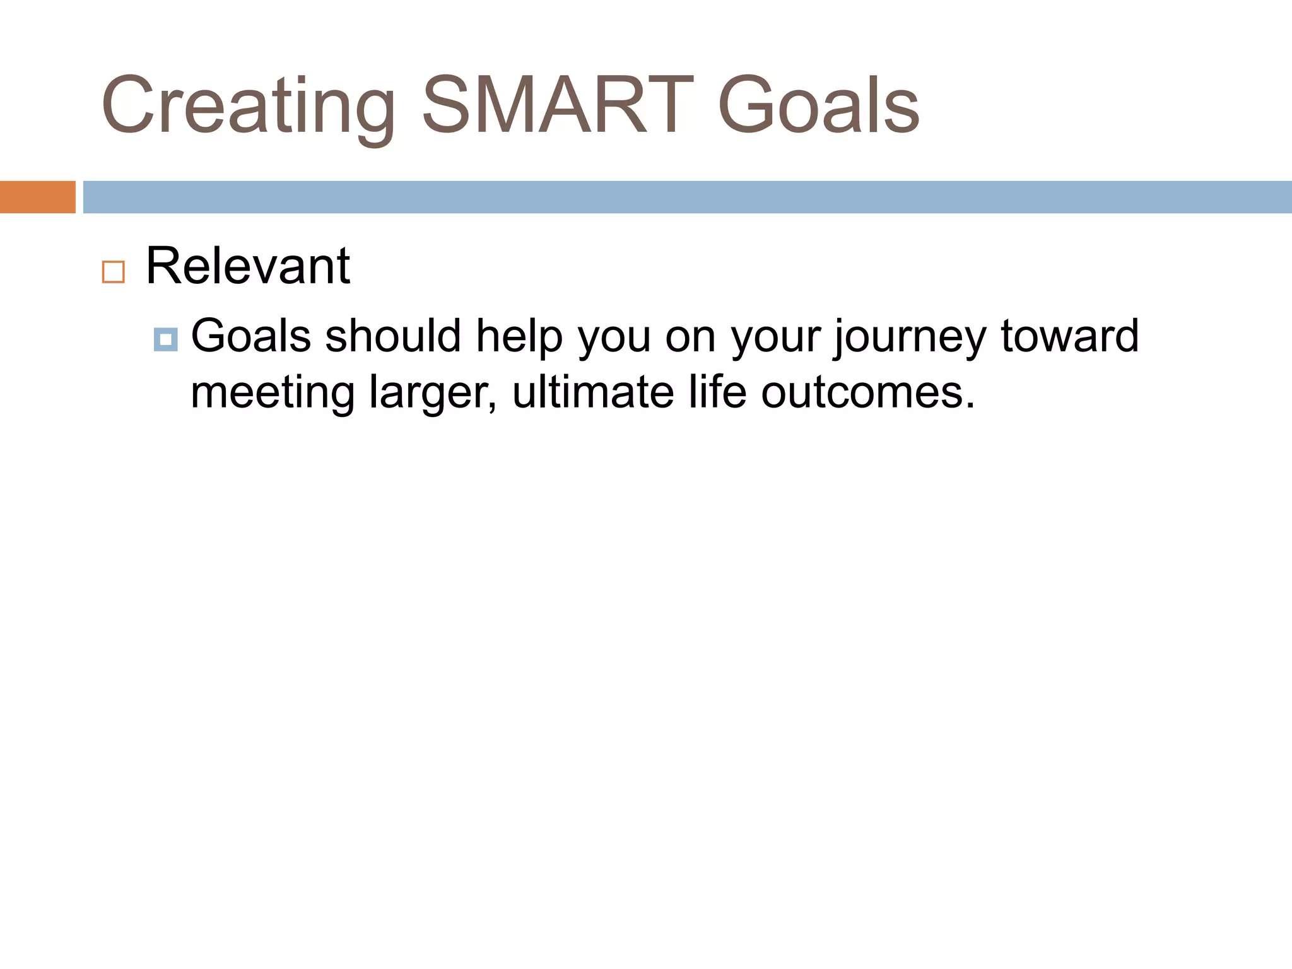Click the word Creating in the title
click(248, 106)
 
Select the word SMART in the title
click(557, 106)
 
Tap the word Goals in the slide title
click(818, 106)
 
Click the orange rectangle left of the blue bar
click(37, 197)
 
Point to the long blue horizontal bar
click(687, 197)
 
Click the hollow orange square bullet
click(114, 272)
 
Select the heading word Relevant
click(247, 266)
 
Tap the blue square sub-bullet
click(165, 340)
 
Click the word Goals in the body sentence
click(250, 336)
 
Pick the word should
click(392, 336)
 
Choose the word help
click(519, 336)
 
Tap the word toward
click(1070, 336)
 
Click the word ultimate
click(592, 392)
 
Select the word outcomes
click(868, 392)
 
